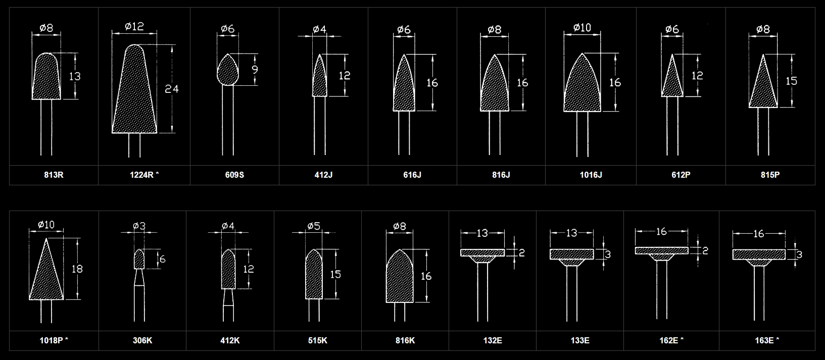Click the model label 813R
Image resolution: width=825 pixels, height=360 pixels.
pos(54,175)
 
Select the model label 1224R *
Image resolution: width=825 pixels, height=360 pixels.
pos(144,175)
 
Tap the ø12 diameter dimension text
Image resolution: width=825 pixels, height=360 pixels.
pos(134,26)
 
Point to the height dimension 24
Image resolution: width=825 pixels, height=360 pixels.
pos(172,89)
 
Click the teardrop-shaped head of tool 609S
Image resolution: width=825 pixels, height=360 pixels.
pos(228,70)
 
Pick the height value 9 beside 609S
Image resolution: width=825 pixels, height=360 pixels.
pos(255,69)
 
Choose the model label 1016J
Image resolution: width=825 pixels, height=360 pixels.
pos(591,175)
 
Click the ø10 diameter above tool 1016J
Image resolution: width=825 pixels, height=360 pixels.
pos(583,28)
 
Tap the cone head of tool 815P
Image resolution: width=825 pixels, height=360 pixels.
pos(763,81)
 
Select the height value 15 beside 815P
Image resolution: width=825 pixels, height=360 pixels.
pos(792,81)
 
